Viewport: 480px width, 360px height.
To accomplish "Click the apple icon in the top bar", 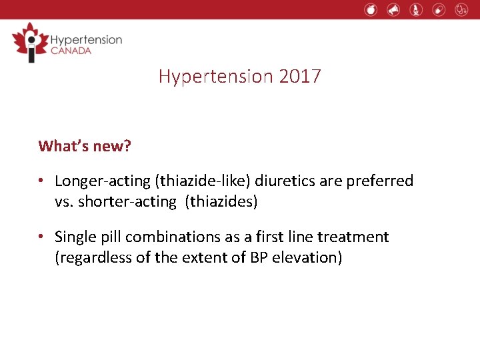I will (371, 9).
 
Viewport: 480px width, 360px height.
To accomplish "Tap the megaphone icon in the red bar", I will (393, 9).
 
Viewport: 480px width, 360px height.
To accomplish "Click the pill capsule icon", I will (439, 9).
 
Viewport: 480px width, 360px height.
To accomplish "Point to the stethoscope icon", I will (461, 9).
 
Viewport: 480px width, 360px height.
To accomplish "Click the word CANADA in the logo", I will (71, 51).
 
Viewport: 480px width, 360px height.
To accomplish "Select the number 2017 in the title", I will (300, 76).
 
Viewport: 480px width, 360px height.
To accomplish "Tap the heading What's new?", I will (85, 145).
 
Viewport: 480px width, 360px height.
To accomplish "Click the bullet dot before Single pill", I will (42, 237).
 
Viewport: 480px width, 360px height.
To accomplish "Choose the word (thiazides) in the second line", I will (221, 201).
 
